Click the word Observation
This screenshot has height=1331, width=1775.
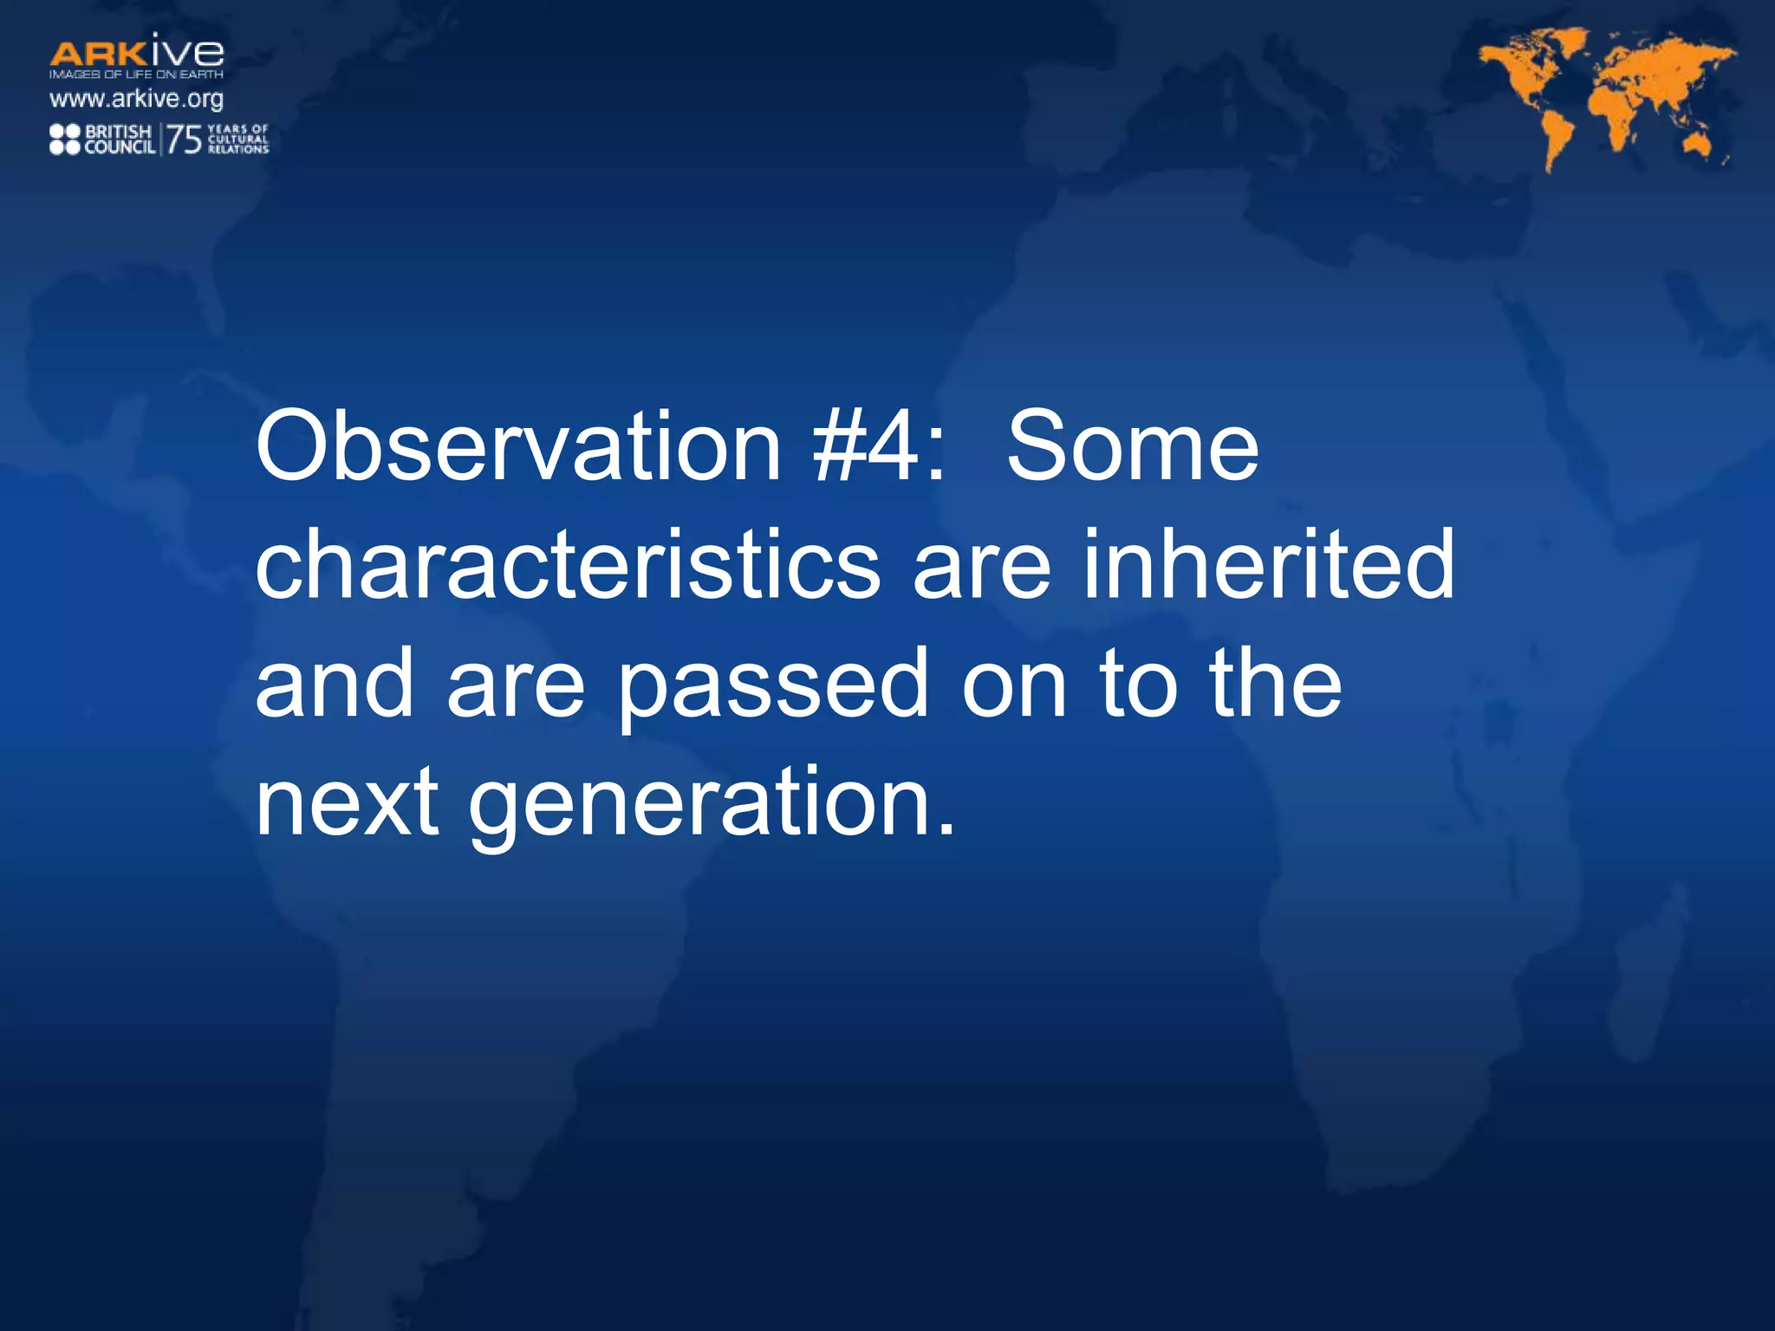click(x=517, y=447)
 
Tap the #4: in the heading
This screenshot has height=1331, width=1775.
click(x=878, y=447)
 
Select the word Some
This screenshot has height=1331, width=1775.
click(x=1132, y=447)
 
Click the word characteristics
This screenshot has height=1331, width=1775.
click(x=568, y=566)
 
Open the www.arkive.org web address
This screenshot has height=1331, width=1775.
click(x=136, y=99)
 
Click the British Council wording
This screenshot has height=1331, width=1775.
click(x=120, y=140)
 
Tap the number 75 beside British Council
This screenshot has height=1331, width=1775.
click(x=184, y=140)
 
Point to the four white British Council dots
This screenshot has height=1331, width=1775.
click(x=65, y=140)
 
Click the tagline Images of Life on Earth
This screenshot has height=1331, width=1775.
click(x=136, y=75)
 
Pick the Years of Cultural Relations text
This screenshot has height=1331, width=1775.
click(x=238, y=139)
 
